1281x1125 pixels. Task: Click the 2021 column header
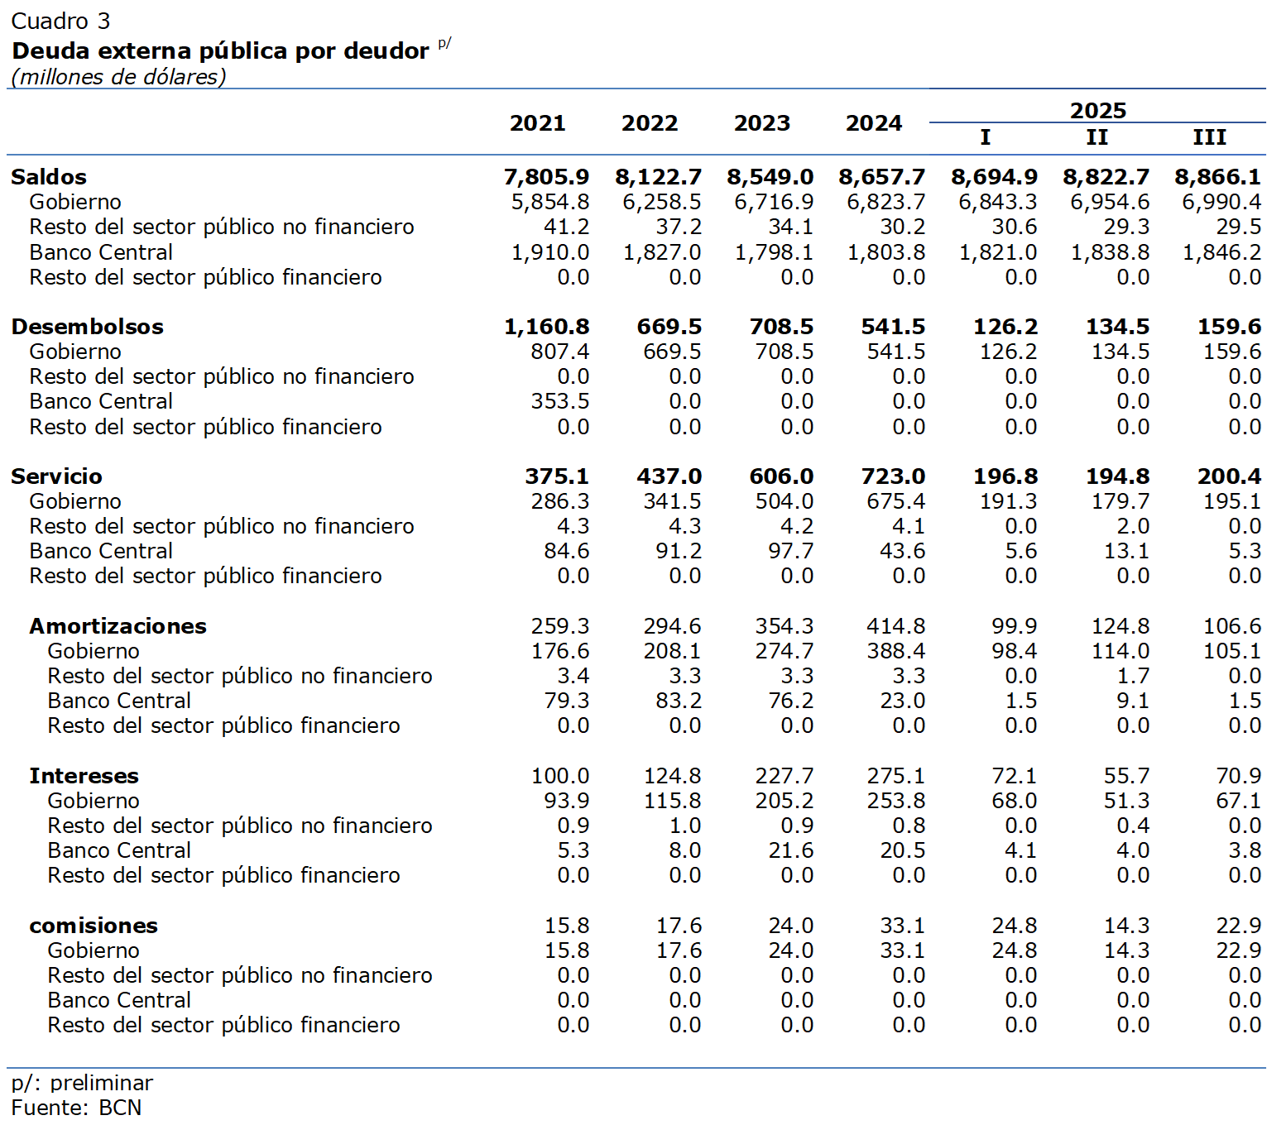tap(537, 123)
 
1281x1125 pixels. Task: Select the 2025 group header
tap(1097, 110)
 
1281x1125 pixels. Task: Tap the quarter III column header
tap(1209, 137)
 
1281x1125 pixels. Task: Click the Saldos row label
tap(49, 177)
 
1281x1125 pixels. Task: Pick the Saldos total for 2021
tap(546, 177)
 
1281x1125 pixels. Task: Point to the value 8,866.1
tap(1217, 177)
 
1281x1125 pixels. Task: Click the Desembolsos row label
tap(87, 327)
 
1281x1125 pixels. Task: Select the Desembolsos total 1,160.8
tap(546, 327)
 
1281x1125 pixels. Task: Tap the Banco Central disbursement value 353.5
tap(559, 401)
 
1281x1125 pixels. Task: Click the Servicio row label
tap(56, 476)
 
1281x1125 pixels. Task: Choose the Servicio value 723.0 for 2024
tap(893, 476)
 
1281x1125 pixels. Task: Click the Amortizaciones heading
tap(118, 626)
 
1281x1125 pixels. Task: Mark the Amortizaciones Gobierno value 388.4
tap(895, 651)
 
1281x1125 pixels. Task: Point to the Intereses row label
tap(84, 776)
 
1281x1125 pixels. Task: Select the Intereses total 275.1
tap(895, 776)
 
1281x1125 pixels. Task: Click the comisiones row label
tap(94, 926)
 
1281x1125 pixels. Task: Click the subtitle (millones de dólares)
tap(118, 77)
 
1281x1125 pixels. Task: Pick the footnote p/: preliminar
tap(82, 1083)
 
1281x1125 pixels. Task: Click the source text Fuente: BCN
tap(76, 1108)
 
